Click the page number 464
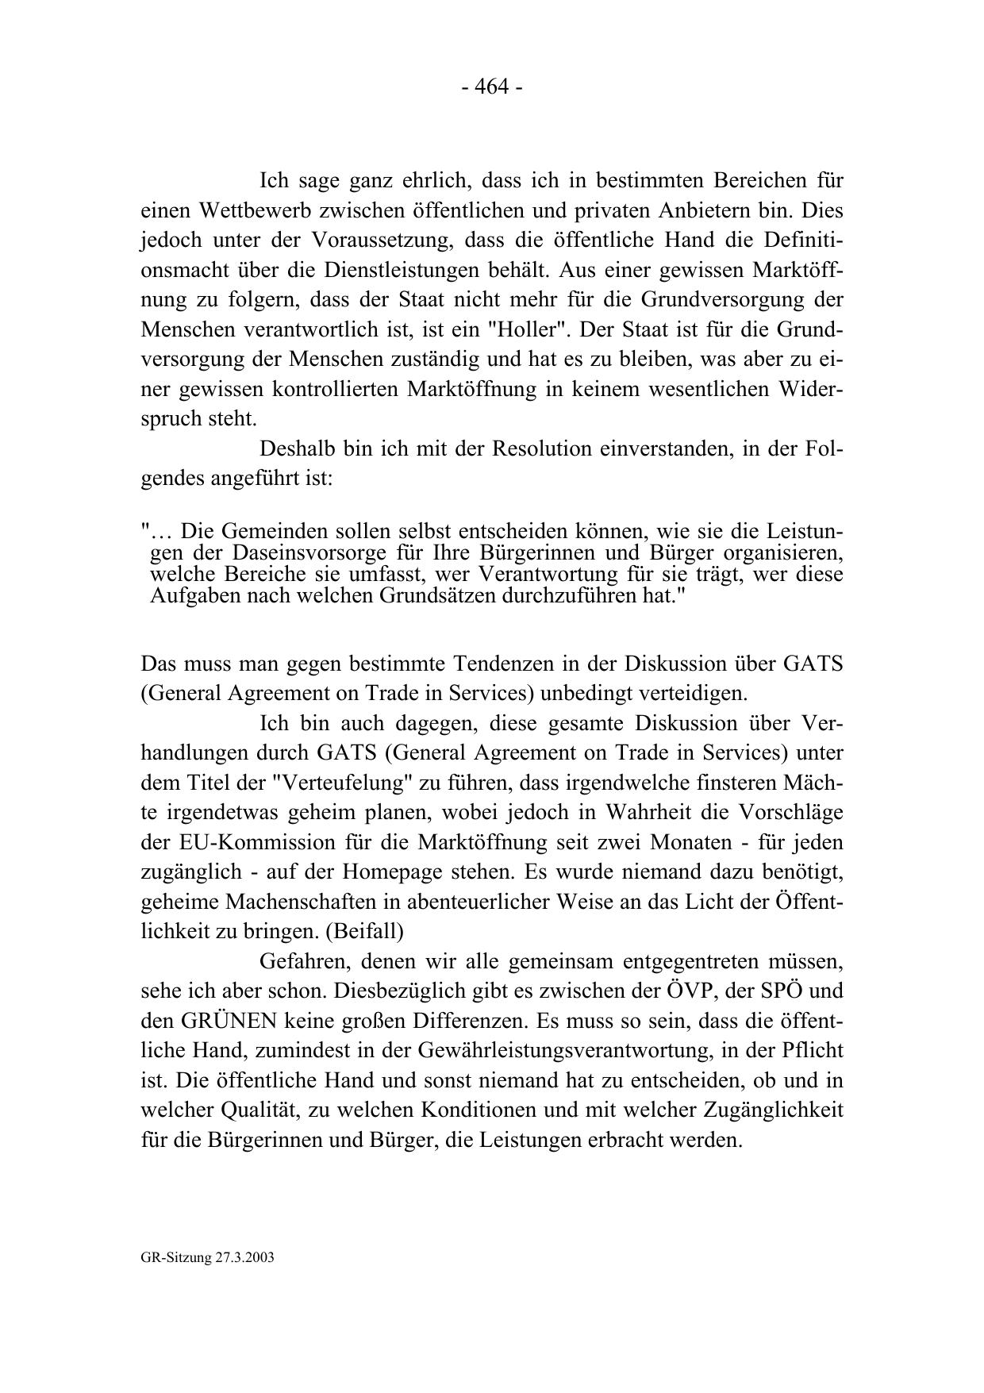point(491,87)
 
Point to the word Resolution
point(542,449)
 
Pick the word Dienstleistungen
point(413,271)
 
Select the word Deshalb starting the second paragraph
point(295,449)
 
